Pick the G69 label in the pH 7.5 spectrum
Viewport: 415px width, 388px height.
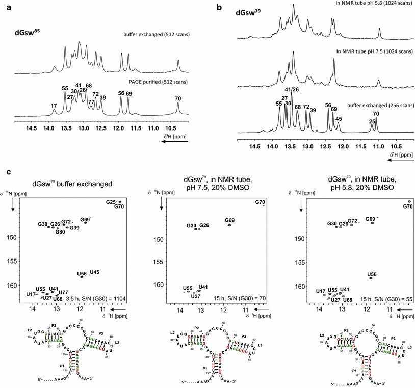pyautogui.click(x=230, y=220)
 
